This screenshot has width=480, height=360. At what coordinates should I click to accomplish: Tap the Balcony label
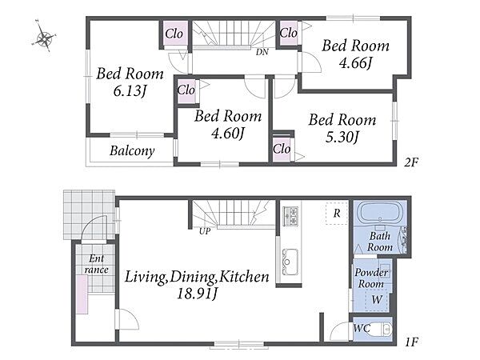132,151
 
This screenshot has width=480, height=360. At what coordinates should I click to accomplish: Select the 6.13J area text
130,90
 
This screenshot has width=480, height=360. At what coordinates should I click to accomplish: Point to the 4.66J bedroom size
355,62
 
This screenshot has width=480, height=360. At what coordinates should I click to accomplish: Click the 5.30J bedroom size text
342,137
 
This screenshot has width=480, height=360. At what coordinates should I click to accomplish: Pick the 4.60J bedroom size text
228,133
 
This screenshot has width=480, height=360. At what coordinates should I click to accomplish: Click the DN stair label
262,52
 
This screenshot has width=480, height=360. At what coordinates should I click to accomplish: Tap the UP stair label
205,231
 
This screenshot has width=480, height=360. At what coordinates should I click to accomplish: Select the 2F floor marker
411,162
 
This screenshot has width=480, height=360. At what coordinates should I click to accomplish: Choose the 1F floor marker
411,342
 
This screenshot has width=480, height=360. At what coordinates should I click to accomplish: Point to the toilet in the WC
381,329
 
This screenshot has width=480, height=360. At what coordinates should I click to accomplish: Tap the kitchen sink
290,262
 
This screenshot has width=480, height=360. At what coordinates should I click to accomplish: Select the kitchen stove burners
290,216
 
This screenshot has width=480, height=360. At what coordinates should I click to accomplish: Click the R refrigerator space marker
337,213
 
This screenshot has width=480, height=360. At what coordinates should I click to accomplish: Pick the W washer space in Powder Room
377,299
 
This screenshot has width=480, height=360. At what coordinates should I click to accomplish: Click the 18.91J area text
197,294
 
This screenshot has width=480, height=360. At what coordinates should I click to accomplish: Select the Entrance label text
97,264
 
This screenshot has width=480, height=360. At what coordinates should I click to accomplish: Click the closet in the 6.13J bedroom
174,34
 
